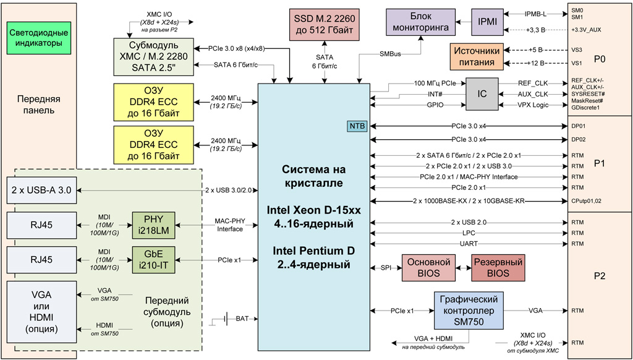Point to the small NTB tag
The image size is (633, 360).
tap(357, 126)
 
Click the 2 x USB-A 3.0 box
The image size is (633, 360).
tap(41, 189)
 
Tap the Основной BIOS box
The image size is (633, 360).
tap(428, 267)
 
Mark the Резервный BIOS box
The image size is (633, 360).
tap(498, 267)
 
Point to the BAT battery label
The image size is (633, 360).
tap(242, 319)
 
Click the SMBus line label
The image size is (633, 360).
tap(390, 54)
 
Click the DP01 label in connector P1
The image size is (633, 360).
tap(579, 126)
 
